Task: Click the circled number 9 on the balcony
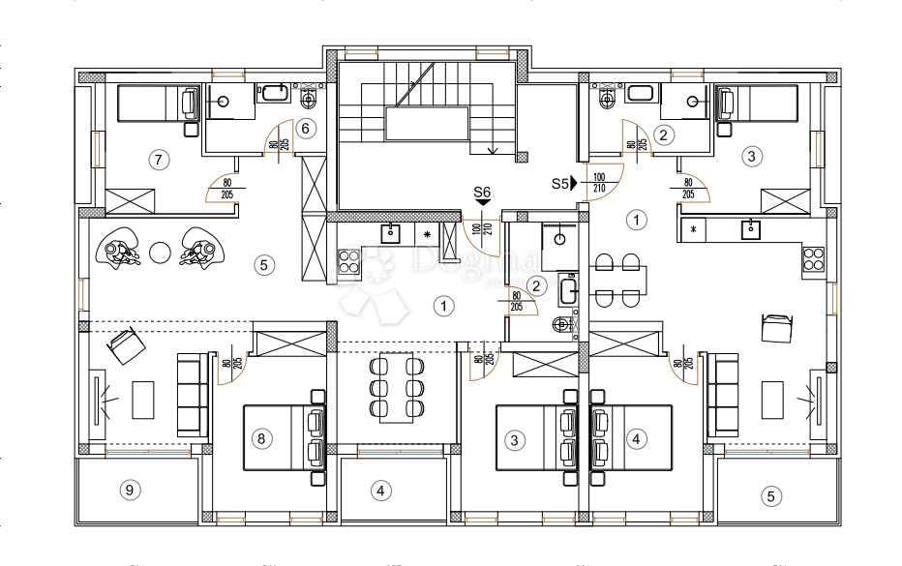pyautogui.click(x=128, y=490)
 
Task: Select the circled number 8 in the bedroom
pyautogui.click(x=260, y=438)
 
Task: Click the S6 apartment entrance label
pyautogui.click(x=482, y=193)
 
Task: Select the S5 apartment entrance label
pyautogui.click(x=559, y=182)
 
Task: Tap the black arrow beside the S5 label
pyautogui.click(x=574, y=182)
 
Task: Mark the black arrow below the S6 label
pyautogui.click(x=482, y=203)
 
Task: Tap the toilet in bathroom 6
pyautogui.click(x=310, y=99)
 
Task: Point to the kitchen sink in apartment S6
pyautogui.click(x=391, y=232)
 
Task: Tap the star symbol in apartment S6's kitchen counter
pyautogui.click(x=427, y=234)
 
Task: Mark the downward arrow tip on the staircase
pyautogui.click(x=494, y=151)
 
